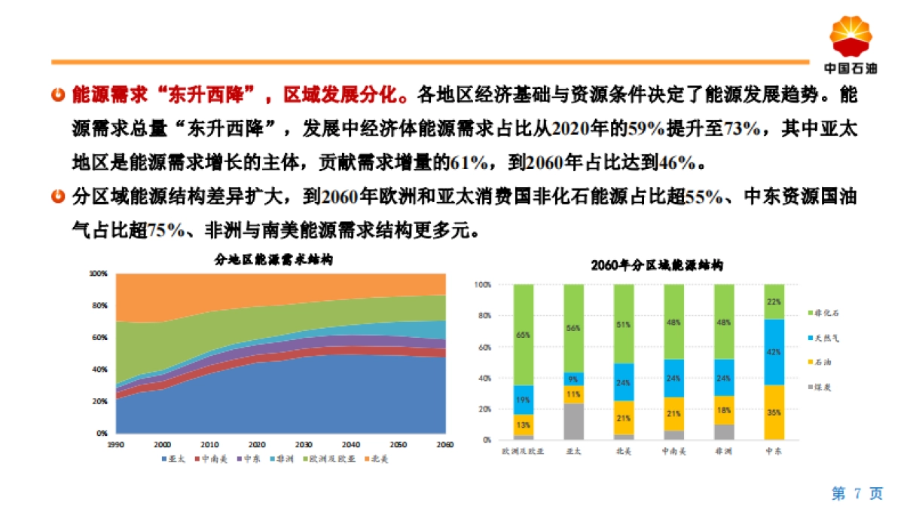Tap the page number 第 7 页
tap(857, 494)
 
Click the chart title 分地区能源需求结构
tap(274, 259)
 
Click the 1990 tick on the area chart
tap(115, 445)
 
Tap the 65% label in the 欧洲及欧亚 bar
tap(523, 334)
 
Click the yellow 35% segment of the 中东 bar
tap(774, 412)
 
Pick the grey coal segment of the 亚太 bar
tap(573, 422)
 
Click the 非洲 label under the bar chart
tap(723, 452)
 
